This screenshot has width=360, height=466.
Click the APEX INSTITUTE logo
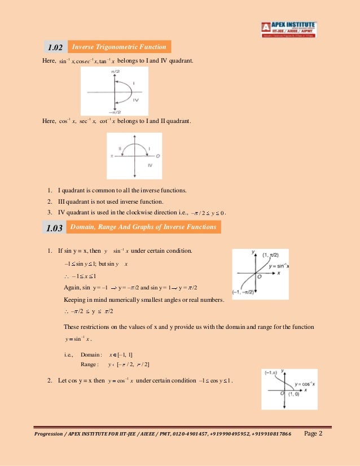pyautogui.click(x=288, y=29)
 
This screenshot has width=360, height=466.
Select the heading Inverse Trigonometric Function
pyautogui.click(x=118, y=47)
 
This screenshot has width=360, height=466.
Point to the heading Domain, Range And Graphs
pyautogui.click(x=142, y=227)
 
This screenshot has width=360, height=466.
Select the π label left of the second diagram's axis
pyautogui.click(x=112, y=155)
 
